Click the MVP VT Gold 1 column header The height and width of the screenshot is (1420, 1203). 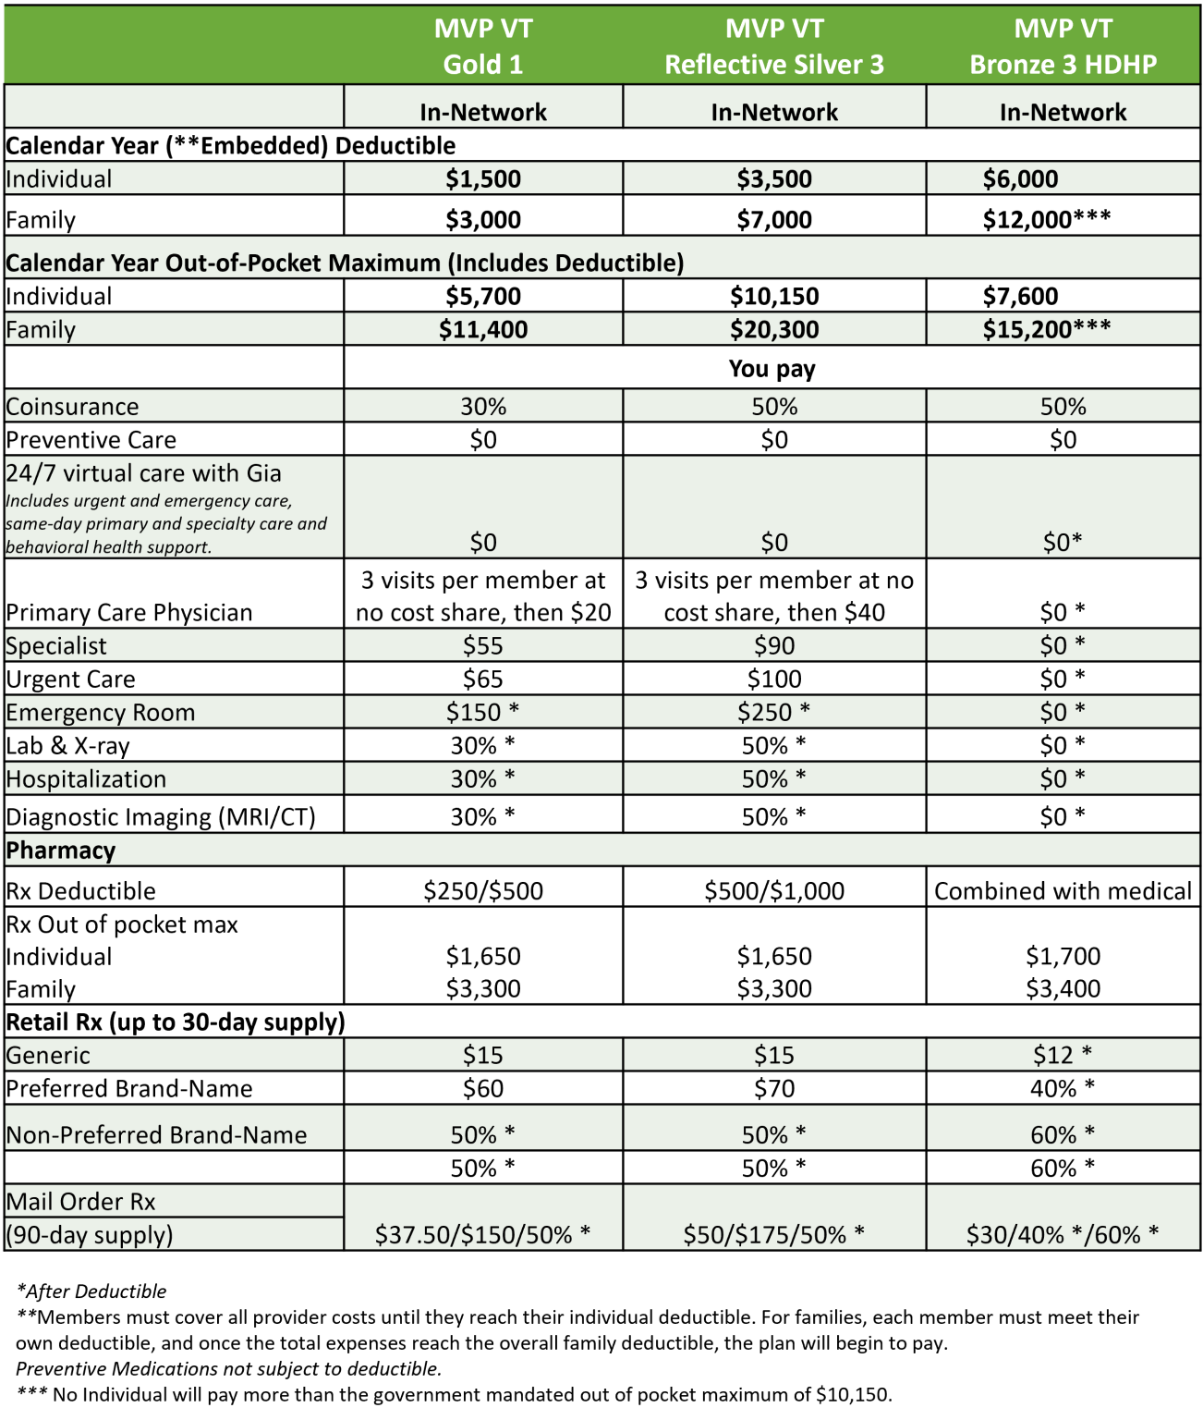tap(483, 46)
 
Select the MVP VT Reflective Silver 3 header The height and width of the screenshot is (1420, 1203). tap(774, 46)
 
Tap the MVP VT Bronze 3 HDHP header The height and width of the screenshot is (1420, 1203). tap(1063, 46)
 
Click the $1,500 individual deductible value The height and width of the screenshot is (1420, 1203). tap(483, 179)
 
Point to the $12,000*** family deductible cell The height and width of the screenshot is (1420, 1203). tap(1046, 220)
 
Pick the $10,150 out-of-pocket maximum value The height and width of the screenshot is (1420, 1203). tap(774, 297)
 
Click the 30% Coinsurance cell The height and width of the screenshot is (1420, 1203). tap(483, 407)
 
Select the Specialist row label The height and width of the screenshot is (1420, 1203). tap(56, 646)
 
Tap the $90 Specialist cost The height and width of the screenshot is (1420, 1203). tap(774, 646)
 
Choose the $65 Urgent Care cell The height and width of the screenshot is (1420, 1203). tap(483, 679)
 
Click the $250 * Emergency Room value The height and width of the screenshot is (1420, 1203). tap(774, 713)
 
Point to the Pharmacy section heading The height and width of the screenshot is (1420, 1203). tap(61, 851)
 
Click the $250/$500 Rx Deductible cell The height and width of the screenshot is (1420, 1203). tap(483, 891)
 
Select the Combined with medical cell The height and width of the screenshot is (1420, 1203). tap(1063, 891)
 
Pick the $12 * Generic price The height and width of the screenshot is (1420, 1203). tap(1063, 1055)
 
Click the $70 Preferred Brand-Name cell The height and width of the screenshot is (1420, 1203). tap(774, 1089)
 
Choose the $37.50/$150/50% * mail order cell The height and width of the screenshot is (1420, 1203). tap(483, 1234)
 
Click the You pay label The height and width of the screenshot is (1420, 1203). tap(772, 369)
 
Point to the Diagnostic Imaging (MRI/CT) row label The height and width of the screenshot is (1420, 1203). tap(161, 817)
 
